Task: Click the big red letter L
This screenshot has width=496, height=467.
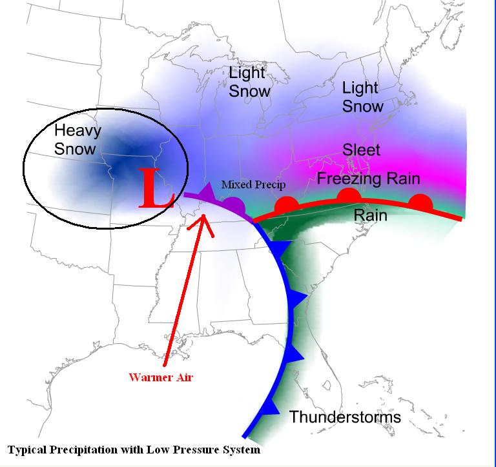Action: [156, 187]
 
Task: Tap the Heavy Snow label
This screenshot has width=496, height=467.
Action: [77, 139]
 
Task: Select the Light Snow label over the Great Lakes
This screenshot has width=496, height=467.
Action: [249, 82]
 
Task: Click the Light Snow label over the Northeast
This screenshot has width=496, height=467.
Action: [362, 96]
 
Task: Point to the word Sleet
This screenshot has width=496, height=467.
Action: [361, 150]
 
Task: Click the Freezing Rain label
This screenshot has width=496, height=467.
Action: [368, 178]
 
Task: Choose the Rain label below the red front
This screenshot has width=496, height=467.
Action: [371, 215]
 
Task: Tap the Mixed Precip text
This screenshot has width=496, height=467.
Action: [253, 184]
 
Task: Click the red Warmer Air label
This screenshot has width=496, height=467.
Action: [160, 377]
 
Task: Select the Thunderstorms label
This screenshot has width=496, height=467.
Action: [345, 417]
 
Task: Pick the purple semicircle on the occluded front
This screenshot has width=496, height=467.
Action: [234, 206]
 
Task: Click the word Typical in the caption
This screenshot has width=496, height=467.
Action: [28, 449]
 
